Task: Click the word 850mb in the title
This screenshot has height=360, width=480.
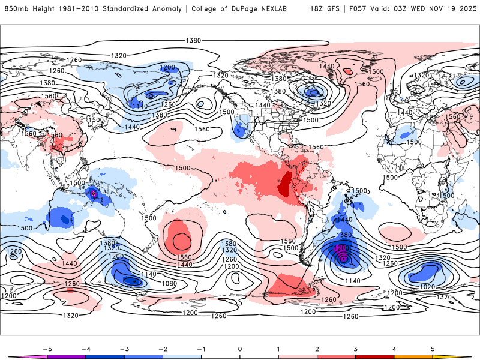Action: tap(15, 9)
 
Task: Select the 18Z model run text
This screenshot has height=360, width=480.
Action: tap(318, 9)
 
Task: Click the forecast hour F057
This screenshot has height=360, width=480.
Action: tap(360, 9)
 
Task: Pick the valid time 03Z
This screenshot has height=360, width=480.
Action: tap(406, 9)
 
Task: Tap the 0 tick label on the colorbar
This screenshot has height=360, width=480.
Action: tap(239, 348)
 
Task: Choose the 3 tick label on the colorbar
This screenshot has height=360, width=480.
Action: tap(355, 348)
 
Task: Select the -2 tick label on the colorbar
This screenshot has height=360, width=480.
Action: tap(163, 348)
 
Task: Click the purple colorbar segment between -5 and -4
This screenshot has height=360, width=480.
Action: tap(67, 357)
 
